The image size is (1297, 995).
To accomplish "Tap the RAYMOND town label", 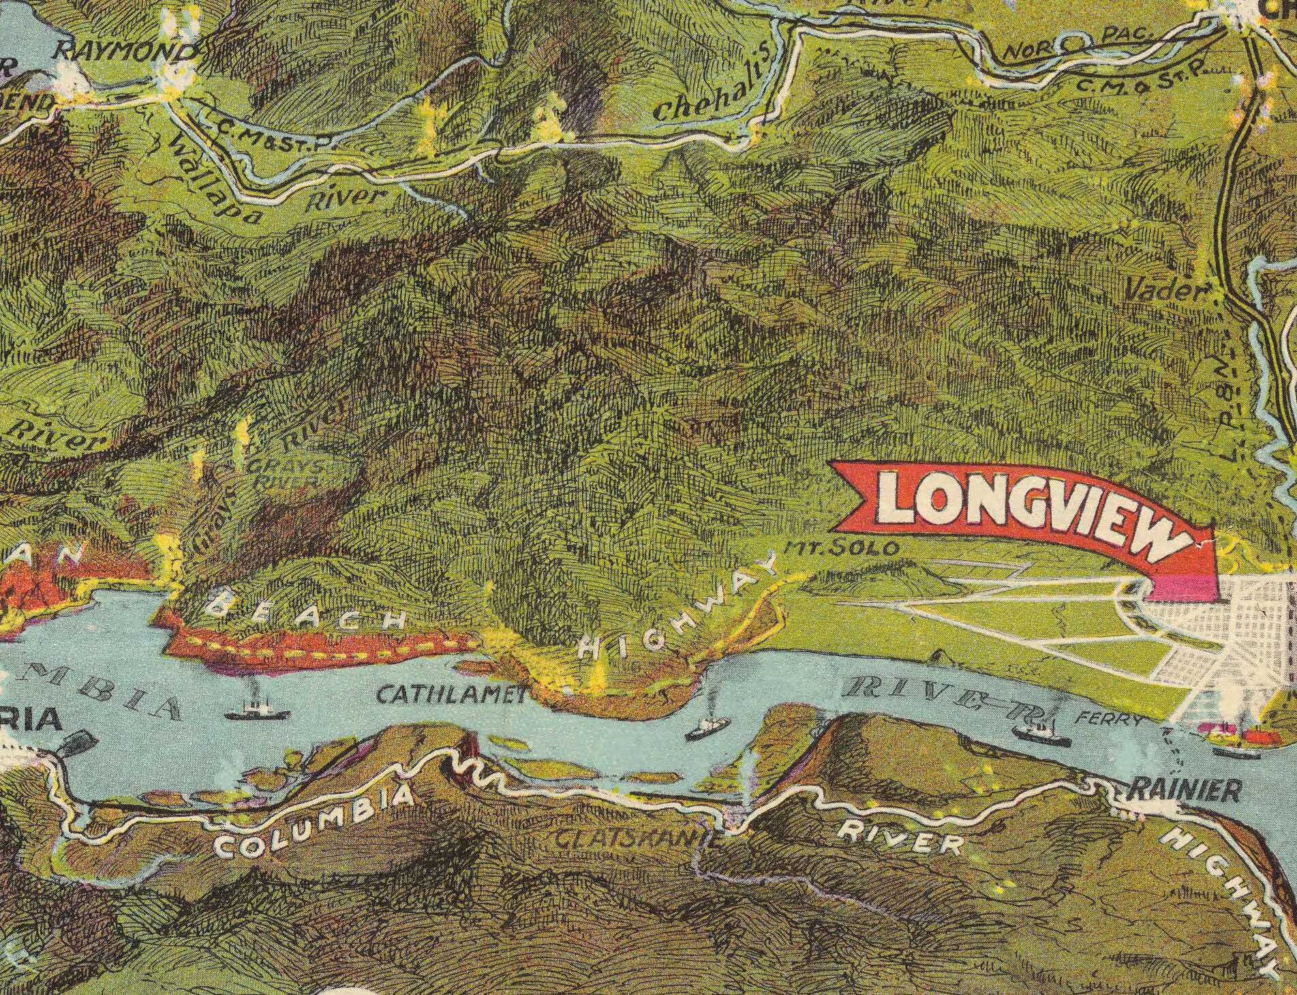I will pos(125,52).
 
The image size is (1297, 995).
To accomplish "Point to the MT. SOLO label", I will pos(846,548).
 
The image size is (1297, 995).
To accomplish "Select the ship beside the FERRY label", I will pos(1041,734).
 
